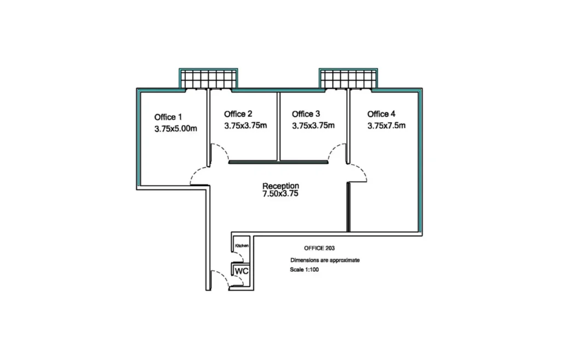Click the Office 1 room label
point(168,117)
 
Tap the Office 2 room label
point(238,114)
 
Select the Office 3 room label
point(306,114)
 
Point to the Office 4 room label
point(381,114)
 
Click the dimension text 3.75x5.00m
point(176,128)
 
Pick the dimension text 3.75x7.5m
point(386,125)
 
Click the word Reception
point(280,186)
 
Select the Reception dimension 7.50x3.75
point(280,194)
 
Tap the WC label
point(242,271)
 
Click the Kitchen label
point(242,245)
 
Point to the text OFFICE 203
point(319,248)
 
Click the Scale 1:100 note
point(304,270)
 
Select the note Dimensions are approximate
point(325,260)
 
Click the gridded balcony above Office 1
point(208,79)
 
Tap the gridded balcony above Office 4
point(348,79)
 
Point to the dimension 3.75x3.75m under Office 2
point(245,125)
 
